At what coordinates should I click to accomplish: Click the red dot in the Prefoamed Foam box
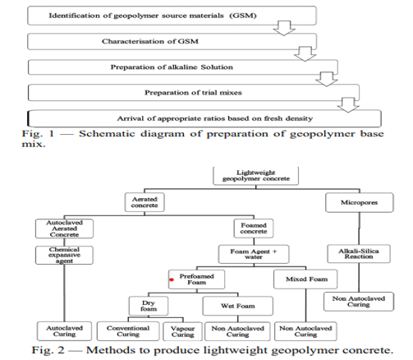(172, 279)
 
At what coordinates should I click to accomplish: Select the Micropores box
(360, 202)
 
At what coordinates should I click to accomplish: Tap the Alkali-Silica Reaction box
(359, 254)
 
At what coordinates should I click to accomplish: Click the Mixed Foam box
(305, 279)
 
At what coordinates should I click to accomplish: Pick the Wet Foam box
(238, 306)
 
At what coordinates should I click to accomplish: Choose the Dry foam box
(149, 306)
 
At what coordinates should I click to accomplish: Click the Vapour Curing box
(182, 331)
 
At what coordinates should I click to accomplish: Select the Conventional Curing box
(128, 331)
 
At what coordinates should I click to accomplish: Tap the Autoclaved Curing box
(64, 331)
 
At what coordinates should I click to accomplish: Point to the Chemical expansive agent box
(64, 255)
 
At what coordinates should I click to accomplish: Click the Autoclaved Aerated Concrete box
(64, 228)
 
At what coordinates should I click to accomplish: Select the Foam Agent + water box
(254, 254)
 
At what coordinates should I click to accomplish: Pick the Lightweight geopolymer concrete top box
(256, 176)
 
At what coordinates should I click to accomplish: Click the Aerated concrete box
(145, 202)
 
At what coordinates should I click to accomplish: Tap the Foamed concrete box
(254, 228)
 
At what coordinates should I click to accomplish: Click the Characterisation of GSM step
(172, 41)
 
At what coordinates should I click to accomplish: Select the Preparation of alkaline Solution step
(183, 67)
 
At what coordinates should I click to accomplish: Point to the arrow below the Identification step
(284, 28)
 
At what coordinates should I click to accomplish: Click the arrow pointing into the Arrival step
(348, 105)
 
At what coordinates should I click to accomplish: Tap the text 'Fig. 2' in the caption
(48, 350)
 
